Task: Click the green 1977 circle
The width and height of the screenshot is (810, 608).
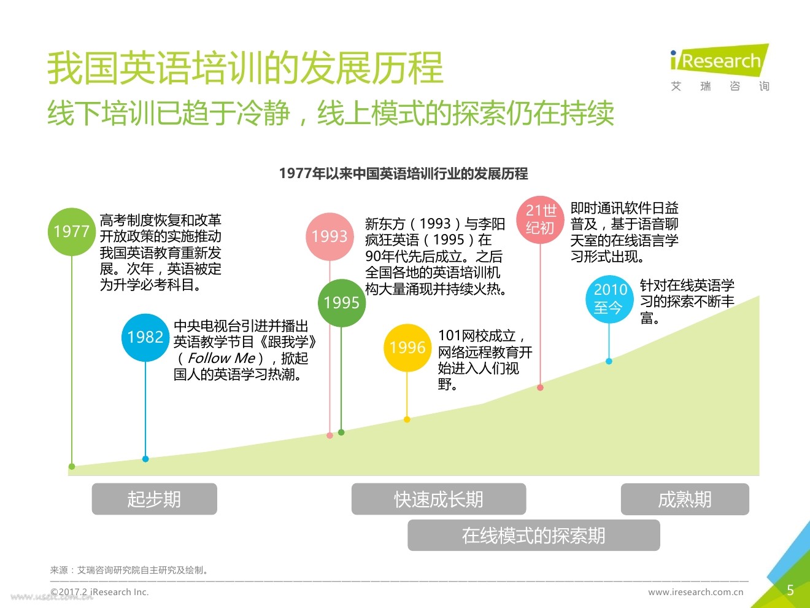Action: pos(72,232)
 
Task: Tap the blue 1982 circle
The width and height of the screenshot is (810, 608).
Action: pos(145,337)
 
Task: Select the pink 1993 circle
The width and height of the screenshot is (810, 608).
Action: pos(330,236)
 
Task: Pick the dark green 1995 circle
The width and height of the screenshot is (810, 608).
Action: pos(342,303)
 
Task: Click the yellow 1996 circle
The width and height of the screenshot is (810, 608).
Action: pos(407,348)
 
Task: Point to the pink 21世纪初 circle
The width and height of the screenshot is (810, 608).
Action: pos(540,219)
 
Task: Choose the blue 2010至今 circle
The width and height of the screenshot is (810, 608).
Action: pos(609,298)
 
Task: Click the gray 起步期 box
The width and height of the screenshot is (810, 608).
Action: pos(154,499)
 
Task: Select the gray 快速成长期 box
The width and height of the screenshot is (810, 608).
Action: pos(438,499)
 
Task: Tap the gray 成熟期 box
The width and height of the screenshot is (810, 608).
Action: pos(685,499)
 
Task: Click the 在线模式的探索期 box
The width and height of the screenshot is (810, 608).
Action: pos(533,536)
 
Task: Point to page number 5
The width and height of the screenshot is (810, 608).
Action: pos(790,590)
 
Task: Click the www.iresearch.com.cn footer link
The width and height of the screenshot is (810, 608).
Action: pos(695,593)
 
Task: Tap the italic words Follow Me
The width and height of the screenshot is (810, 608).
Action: pos(221,358)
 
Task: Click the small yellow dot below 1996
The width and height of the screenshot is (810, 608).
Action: pos(407,419)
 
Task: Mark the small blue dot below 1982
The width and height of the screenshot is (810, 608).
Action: pos(145,459)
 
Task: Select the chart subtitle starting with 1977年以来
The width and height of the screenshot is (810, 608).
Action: pos(403,174)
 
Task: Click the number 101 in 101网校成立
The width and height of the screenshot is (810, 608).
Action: pos(449,336)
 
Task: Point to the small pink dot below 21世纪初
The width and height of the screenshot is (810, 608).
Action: pos(540,388)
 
